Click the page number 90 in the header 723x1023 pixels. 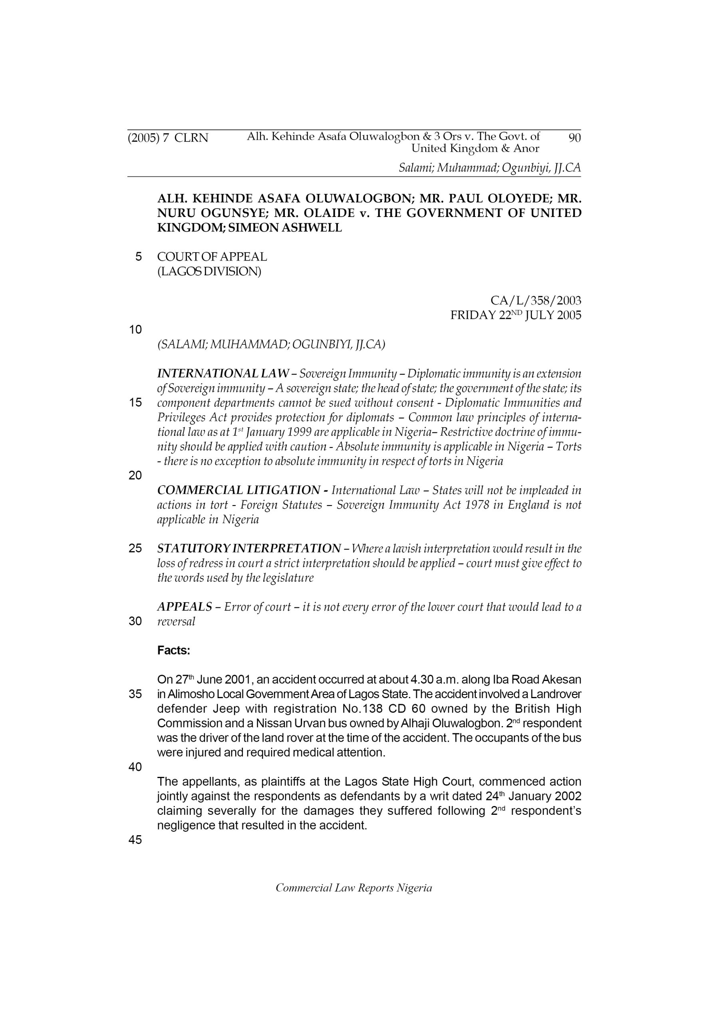click(x=575, y=138)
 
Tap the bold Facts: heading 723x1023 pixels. click(x=174, y=651)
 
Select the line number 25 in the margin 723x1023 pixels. click(x=135, y=549)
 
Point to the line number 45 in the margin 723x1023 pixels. click(x=135, y=840)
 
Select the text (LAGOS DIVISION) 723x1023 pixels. click(x=209, y=271)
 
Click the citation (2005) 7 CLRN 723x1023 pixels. click(x=168, y=138)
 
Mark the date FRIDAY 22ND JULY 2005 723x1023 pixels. click(x=515, y=315)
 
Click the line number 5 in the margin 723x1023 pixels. click(x=139, y=257)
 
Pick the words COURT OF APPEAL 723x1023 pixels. click(x=212, y=257)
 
